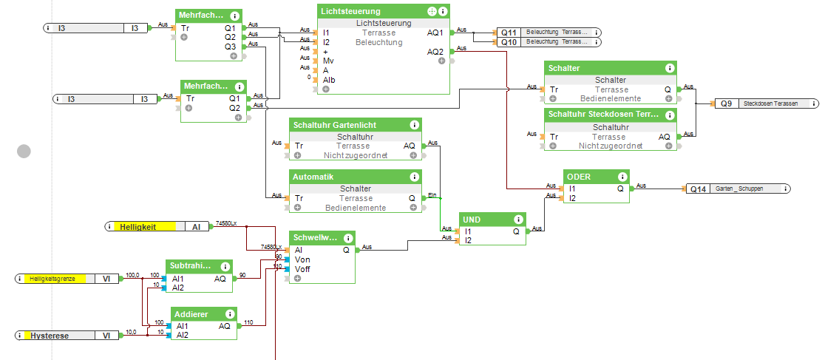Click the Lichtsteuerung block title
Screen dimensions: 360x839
[351, 12]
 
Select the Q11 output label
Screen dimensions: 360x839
[509, 33]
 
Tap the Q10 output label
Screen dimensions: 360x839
[509, 42]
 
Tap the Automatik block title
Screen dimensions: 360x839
[313, 177]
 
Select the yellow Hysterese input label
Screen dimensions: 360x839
[50, 336]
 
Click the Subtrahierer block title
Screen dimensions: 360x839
[191, 265]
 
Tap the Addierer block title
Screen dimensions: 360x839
[191, 314]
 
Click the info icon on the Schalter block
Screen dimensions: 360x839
[670, 68]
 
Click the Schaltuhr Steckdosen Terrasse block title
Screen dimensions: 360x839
[602, 115]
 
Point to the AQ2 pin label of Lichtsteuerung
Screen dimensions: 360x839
[435, 52]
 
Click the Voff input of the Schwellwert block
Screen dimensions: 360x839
[302, 269]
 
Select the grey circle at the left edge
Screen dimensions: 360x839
[24, 152]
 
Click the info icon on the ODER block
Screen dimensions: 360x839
[622, 177]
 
